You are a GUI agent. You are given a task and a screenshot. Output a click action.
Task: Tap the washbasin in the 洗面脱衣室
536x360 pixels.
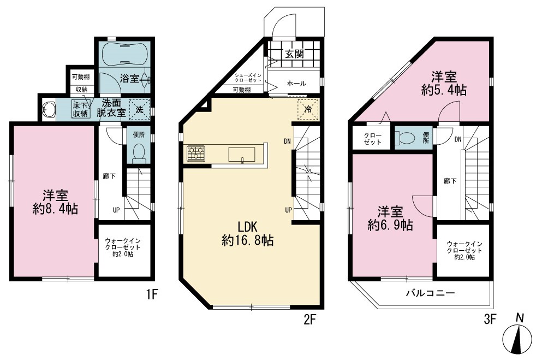point(47,109)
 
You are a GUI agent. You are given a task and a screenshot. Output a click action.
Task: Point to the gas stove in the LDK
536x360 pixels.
point(196,153)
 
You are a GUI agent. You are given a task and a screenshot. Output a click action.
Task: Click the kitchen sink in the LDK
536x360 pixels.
point(242,154)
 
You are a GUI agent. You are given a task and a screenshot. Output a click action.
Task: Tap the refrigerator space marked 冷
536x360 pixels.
point(308,109)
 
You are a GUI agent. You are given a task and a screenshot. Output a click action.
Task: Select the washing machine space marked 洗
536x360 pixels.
point(140,109)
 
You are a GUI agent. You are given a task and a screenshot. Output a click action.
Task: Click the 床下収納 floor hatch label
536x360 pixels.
point(81,109)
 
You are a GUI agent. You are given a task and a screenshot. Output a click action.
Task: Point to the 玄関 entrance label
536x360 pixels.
point(294,54)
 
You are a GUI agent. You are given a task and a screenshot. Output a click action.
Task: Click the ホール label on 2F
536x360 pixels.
point(296,83)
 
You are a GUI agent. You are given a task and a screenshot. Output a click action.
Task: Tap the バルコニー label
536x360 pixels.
point(430,293)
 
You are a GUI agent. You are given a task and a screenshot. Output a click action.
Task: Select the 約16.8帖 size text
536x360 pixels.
point(247,240)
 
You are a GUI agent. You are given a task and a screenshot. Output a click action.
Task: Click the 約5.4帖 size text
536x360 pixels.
point(444,90)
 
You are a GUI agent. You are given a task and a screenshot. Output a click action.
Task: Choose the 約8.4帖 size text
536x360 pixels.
point(55,208)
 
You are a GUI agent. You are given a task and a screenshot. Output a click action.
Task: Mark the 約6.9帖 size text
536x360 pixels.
point(390,225)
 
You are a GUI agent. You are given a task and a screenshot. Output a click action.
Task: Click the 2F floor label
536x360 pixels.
point(309,320)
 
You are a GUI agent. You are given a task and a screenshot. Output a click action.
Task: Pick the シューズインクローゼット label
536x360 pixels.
point(248,78)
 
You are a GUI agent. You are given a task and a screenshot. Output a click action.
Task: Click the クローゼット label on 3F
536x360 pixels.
point(373,139)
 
